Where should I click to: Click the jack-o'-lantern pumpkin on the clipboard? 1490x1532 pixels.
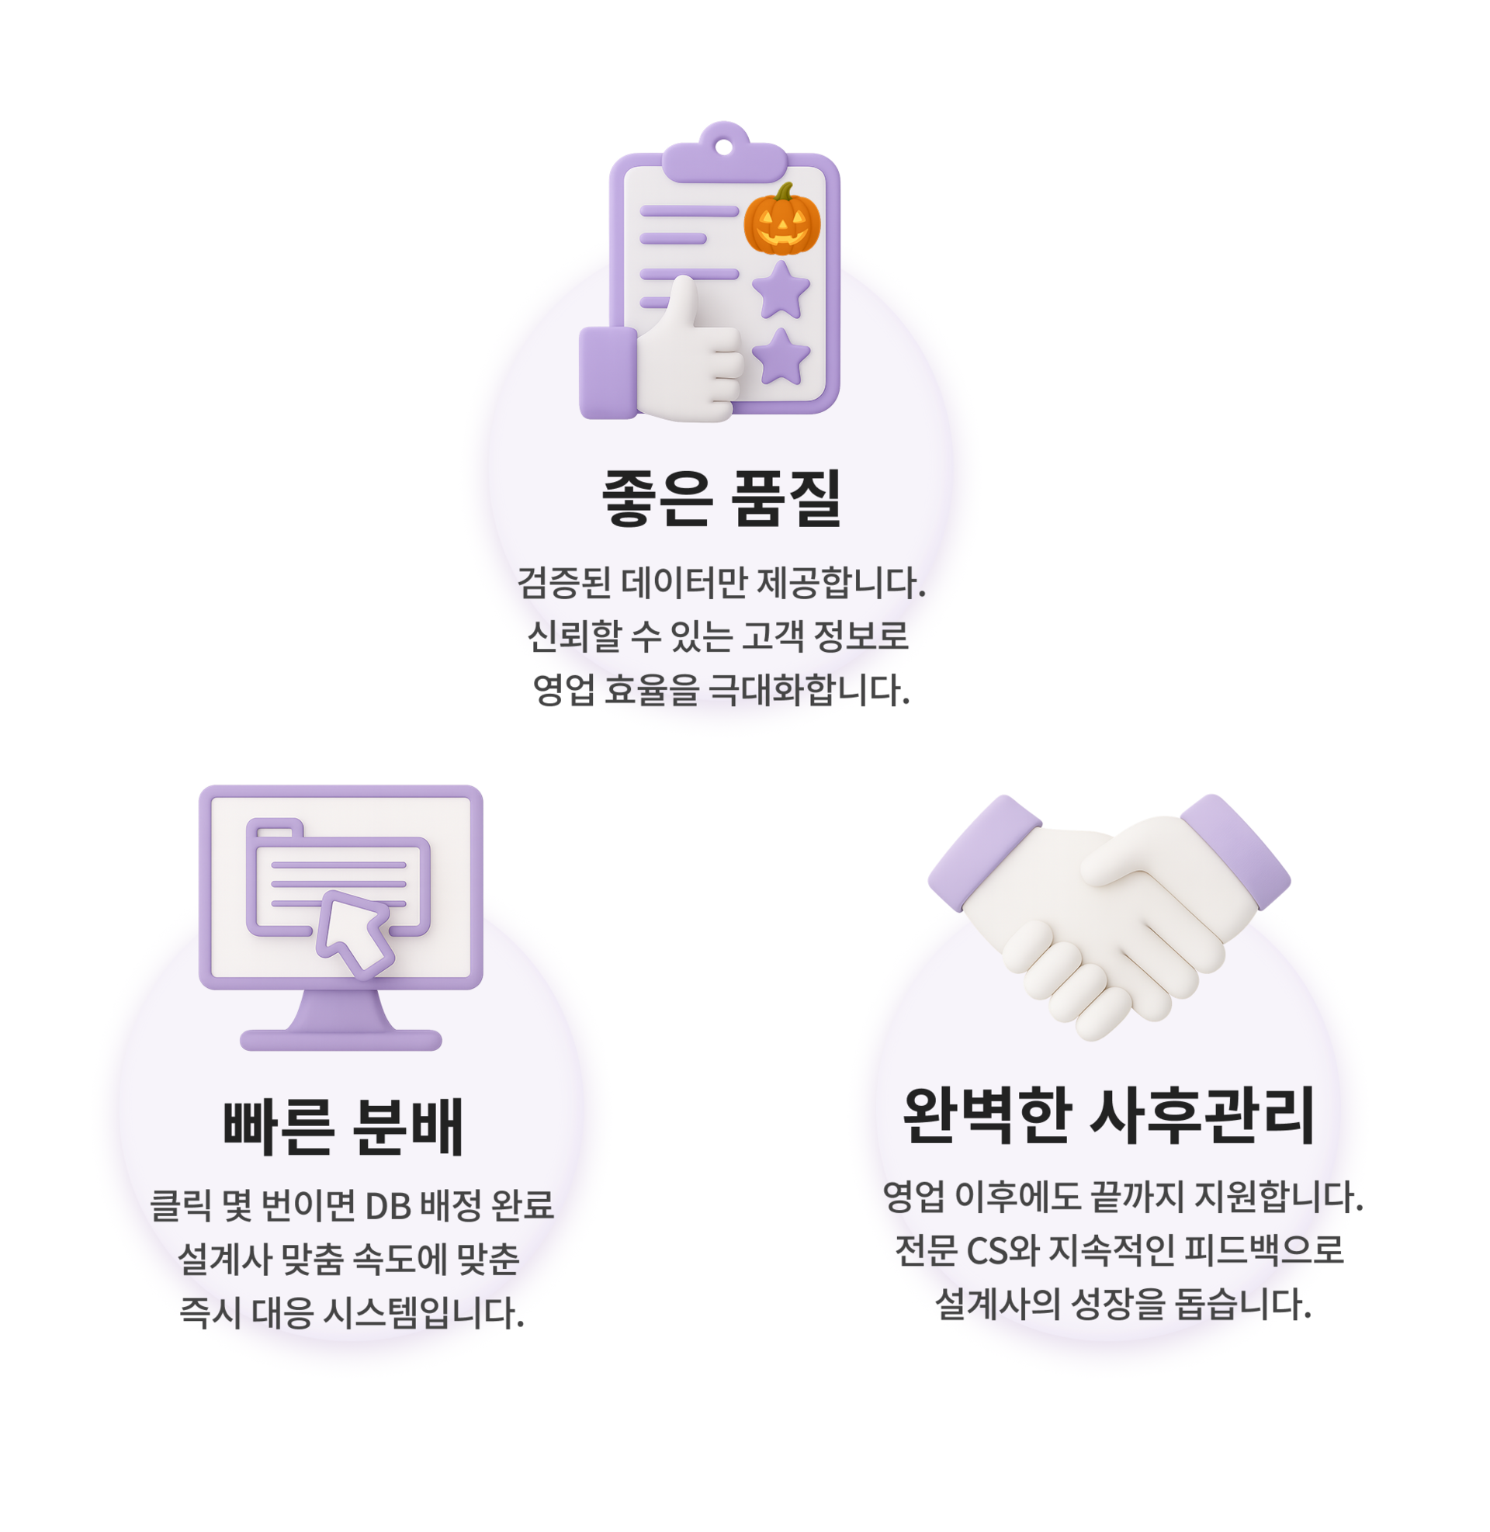point(781,221)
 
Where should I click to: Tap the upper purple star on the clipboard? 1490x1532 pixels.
point(781,291)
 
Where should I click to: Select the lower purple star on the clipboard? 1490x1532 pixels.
point(781,358)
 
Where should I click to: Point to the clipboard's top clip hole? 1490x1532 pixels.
point(724,147)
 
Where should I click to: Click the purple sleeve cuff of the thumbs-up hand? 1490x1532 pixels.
point(608,373)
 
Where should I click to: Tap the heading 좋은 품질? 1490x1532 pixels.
point(722,497)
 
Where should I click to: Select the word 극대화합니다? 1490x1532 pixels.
point(809,689)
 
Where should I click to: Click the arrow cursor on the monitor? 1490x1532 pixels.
point(356,934)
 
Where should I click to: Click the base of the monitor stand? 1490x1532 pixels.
point(341,1040)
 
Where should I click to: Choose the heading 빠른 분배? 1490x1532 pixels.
point(344,1127)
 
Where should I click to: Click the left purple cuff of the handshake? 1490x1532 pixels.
point(983,853)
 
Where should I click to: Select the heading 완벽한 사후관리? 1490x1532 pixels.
point(1108,1117)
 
